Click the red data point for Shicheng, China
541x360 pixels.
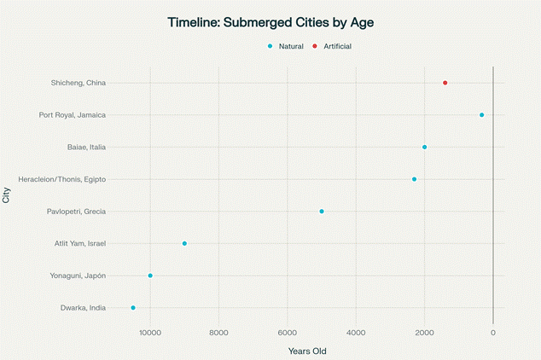coord(445,83)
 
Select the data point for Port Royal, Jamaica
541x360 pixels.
coord(481,115)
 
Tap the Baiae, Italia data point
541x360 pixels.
coord(424,147)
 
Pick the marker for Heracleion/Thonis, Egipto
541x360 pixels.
coord(414,179)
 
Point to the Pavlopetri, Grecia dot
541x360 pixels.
coord(322,211)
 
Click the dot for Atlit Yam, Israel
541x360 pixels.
coord(184,243)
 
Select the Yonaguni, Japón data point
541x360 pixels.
coord(150,276)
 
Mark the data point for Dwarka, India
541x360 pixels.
coord(133,307)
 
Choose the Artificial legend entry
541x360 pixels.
coord(332,45)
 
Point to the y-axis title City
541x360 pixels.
coord(8,195)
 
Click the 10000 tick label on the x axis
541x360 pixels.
coord(150,332)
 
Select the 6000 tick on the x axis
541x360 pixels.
coord(288,332)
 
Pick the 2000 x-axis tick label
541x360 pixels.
coord(424,332)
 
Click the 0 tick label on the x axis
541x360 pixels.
coord(493,332)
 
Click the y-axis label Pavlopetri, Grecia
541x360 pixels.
coord(77,212)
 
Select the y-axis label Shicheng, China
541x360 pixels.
coord(79,83)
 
